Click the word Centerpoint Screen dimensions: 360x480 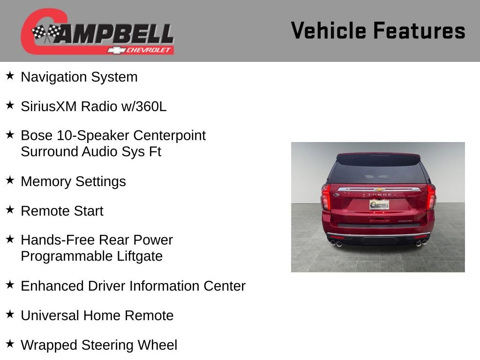pos(169,135)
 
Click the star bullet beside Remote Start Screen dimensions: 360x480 pos(10,210)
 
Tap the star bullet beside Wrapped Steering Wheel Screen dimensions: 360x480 pos(10,344)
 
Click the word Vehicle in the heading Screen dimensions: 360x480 pos(328,31)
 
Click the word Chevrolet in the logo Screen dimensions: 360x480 pos(149,50)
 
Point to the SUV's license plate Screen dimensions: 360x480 pos(379,204)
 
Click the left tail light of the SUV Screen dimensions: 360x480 pos(326,197)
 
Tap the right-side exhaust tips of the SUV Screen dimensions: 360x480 pos(421,242)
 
